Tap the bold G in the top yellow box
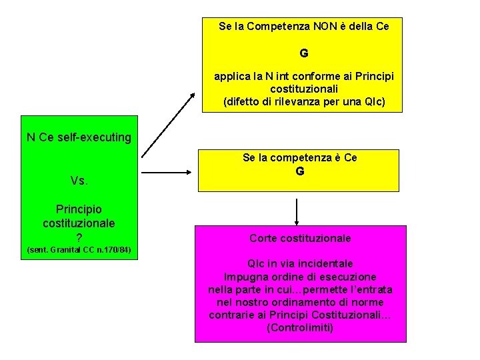(304, 52)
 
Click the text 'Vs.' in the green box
(79, 181)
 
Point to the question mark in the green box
(79, 237)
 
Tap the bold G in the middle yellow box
(300, 171)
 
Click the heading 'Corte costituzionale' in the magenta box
(300, 238)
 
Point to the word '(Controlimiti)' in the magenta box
(300, 327)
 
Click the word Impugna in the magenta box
(245, 277)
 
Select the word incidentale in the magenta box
(326, 264)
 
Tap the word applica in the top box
(231, 77)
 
